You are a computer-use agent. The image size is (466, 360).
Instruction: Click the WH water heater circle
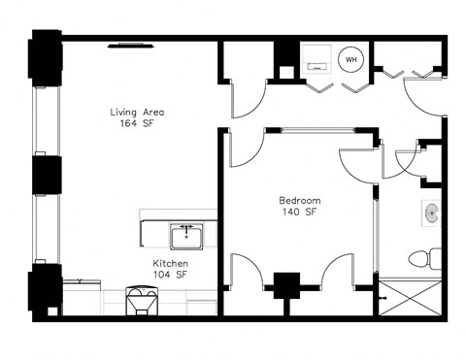351,60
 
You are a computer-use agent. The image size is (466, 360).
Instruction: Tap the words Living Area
136,113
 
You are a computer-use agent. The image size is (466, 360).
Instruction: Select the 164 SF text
136,125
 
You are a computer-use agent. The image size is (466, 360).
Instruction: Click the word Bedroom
300,200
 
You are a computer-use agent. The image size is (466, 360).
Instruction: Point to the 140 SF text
300,213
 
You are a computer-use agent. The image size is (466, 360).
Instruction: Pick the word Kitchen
169,264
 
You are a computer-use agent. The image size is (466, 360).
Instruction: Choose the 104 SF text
169,277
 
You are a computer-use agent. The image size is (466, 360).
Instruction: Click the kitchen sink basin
184,236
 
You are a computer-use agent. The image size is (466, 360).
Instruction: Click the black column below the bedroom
285,287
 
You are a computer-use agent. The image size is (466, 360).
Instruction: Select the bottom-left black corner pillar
45,291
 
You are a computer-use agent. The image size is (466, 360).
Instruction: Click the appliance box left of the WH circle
316,60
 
